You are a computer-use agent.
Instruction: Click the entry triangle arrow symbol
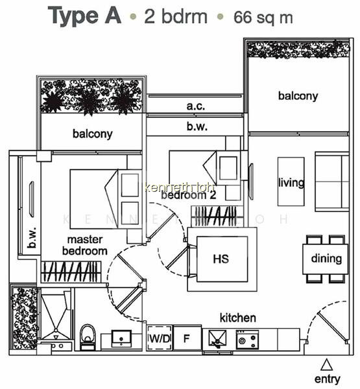click(326, 364)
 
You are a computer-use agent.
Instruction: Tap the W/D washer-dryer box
click(160, 338)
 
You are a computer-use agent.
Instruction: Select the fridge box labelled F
click(187, 338)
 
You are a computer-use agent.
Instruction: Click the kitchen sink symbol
click(217, 338)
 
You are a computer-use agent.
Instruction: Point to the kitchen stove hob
click(247, 339)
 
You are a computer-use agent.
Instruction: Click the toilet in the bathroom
click(88, 337)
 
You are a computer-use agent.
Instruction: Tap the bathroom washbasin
click(121, 338)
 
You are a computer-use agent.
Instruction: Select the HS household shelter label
click(221, 259)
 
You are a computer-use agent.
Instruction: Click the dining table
click(325, 259)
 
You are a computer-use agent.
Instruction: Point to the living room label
click(291, 183)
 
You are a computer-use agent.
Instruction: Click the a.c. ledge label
click(196, 106)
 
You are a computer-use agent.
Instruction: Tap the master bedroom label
click(85, 245)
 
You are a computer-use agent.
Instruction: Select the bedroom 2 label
click(189, 195)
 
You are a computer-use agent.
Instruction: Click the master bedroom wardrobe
click(71, 272)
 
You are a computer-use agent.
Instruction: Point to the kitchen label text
click(238, 318)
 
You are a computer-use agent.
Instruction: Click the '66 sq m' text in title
click(263, 18)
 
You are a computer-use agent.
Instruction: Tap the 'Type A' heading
click(84, 16)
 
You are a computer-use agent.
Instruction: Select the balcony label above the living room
click(298, 96)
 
